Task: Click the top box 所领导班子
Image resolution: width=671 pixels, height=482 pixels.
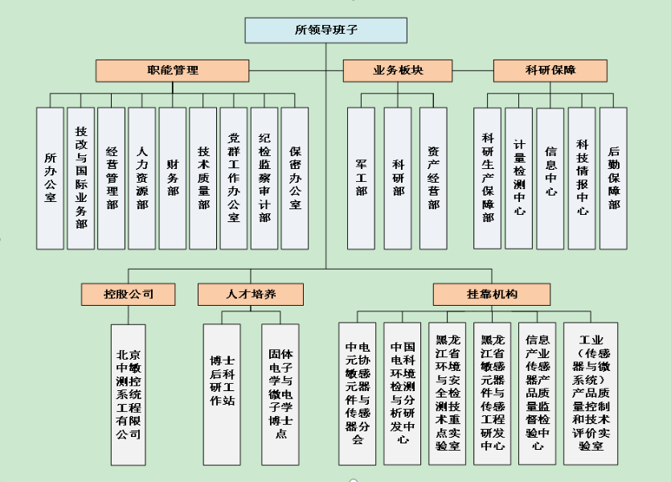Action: tap(325, 30)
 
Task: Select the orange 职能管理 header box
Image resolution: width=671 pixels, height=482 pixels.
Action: tap(172, 71)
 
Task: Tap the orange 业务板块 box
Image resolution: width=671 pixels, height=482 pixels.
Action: tap(398, 71)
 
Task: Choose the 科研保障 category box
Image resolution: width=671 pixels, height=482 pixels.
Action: tap(550, 71)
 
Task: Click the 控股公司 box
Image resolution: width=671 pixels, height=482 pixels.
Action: tap(128, 295)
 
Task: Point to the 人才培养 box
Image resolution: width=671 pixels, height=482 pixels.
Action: tap(251, 295)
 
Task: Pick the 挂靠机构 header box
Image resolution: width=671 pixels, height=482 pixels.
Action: tap(492, 295)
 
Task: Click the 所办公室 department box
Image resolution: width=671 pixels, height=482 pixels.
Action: tap(50, 178)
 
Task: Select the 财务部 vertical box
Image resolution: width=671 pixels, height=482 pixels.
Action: tap(173, 178)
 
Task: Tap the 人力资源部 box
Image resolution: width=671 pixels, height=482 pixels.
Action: tap(141, 178)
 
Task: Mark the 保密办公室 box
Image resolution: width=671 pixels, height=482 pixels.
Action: tap(294, 178)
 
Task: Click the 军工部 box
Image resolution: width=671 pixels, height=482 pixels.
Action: tap(361, 178)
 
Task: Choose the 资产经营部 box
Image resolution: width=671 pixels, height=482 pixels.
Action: tap(433, 178)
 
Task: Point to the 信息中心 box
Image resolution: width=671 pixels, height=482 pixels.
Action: tap(550, 178)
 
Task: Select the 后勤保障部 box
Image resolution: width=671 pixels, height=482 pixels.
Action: tap(613, 178)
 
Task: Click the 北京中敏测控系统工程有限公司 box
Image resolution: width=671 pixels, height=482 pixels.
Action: tap(129, 394)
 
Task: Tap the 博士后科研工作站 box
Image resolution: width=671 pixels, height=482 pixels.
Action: tap(222, 394)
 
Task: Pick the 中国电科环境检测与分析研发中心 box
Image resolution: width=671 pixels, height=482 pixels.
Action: tap(403, 393)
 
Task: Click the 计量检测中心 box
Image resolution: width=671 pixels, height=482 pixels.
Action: tap(518, 178)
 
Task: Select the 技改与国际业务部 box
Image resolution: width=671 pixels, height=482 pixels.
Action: tap(81, 178)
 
